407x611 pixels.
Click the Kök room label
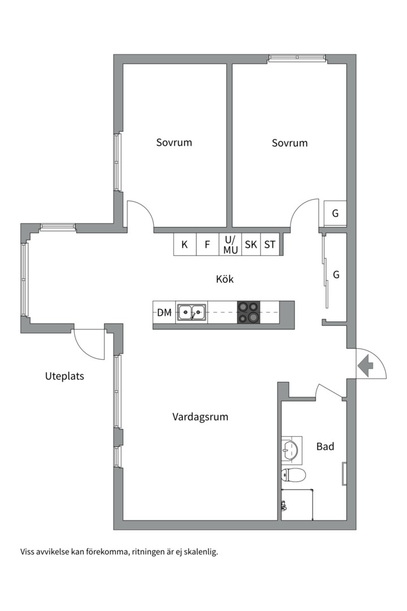tap(225, 279)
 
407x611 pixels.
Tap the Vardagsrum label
tap(200, 417)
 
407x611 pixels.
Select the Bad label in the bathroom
tap(325, 446)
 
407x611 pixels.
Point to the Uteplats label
tap(64, 376)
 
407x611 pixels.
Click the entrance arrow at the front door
tap(365, 365)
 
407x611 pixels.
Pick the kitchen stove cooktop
tap(249, 312)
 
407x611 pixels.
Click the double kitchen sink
tap(192, 312)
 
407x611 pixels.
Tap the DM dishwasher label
tap(164, 312)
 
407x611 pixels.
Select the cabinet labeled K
tap(185, 244)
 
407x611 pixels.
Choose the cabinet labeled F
tap(207, 244)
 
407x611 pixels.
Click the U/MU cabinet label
tap(231, 245)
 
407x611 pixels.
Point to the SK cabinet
tap(251, 244)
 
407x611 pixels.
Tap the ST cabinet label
tap(270, 245)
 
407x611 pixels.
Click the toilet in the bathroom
tap(293, 475)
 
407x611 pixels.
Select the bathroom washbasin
tap(291, 450)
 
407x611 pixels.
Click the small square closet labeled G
tap(335, 213)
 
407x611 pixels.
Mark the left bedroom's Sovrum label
tap(174, 143)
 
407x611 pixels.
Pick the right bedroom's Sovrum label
tap(290, 143)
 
